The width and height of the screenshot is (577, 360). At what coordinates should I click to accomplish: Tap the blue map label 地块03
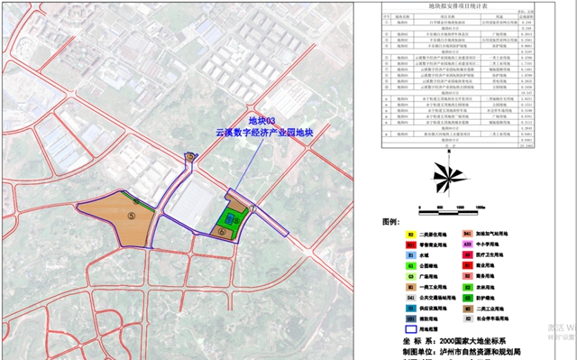tap(261, 120)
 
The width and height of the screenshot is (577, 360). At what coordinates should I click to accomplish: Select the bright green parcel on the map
tap(231, 218)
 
